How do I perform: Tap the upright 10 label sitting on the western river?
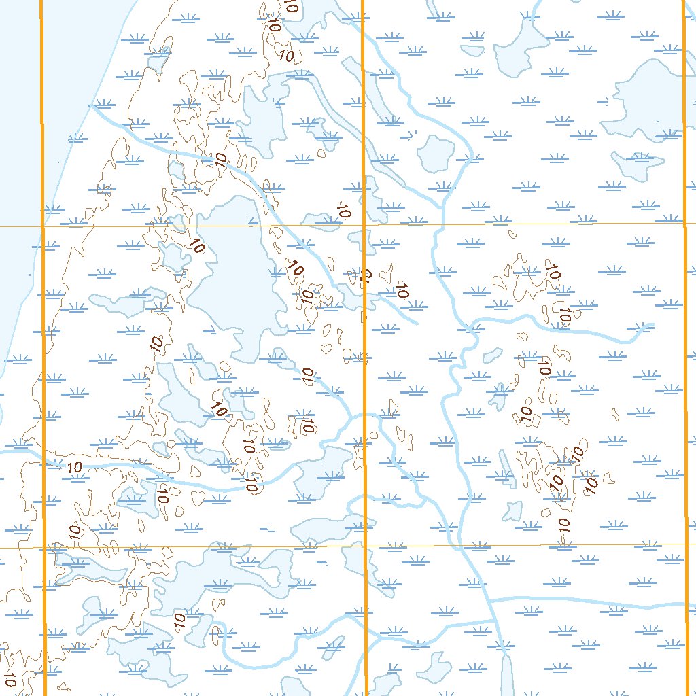pyautogui.click(x=75, y=467)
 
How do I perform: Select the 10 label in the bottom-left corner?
pyautogui.click(x=10, y=678)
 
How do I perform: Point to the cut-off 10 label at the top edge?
pyautogui.click(x=291, y=7)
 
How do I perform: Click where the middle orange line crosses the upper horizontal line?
pyautogui.click(x=363, y=224)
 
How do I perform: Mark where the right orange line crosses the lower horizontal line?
pyautogui.click(x=684, y=544)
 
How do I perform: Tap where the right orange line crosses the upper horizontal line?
pyautogui.click(x=683, y=223)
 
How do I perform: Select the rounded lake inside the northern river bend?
pyautogui.click(x=434, y=154)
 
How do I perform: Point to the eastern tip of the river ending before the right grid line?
pyautogui.click(x=652, y=325)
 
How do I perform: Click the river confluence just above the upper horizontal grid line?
pyautogui.click(x=442, y=203)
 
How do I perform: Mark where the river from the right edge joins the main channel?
pyautogui.click(x=490, y=600)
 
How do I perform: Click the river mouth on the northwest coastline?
pyautogui.click(x=92, y=107)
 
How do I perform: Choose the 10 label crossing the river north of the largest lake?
pyautogui.click(x=220, y=161)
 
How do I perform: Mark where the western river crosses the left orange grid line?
pyautogui.click(x=43, y=462)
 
